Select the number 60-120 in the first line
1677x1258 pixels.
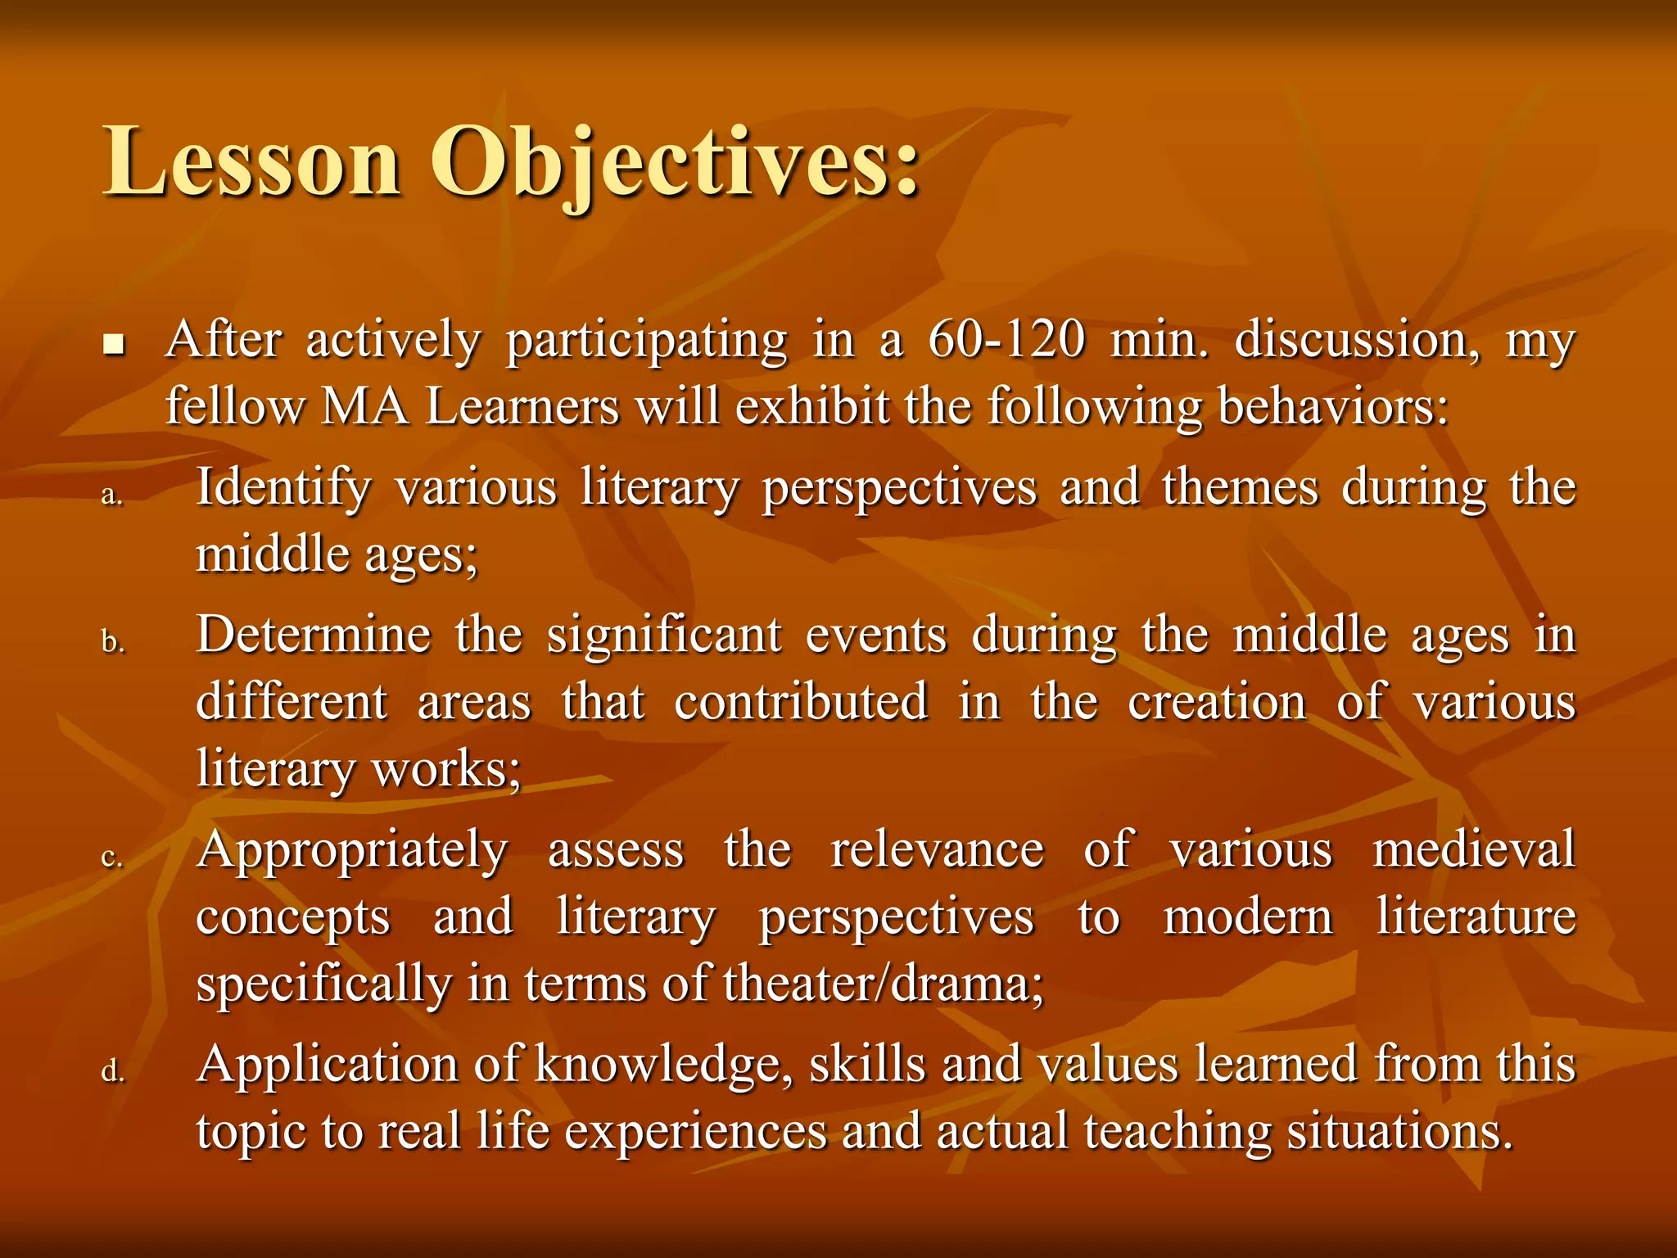tap(1006, 339)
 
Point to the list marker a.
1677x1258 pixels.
tap(112, 495)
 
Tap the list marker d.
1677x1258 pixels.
tap(113, 1070)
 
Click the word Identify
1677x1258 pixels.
tap(283, 487)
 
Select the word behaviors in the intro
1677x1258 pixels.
tap(1332, 406)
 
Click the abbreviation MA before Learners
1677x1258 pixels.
tap(365, 406)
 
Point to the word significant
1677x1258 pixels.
tap(664, 636)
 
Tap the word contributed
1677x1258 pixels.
tap(801, 702)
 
